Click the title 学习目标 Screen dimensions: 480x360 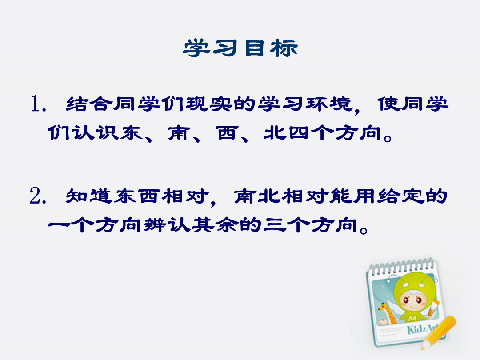(x=240, y=48)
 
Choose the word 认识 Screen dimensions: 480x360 (x=96, y=133)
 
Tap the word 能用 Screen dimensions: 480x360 (x=352, y=196)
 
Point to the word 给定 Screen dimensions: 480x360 (x=400, y=196)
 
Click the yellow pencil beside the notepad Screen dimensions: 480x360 (x=438, y=332)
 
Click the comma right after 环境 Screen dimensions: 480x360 (x=357, y=109)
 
